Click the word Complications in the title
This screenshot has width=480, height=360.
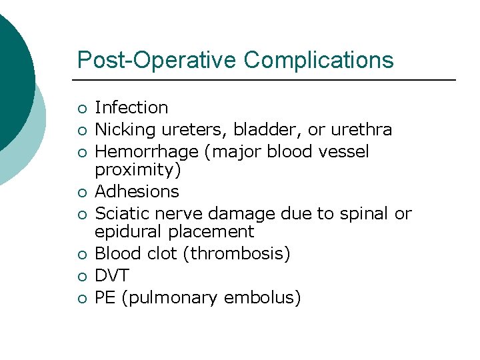coord(319,60)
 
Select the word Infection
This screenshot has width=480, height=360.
coord(131,107)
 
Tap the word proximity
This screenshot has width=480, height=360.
coord(135,170)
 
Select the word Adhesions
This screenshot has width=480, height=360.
coord(137,192)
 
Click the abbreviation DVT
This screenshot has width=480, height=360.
coord(112,276)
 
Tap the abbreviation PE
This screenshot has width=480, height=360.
coord(105,298)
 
